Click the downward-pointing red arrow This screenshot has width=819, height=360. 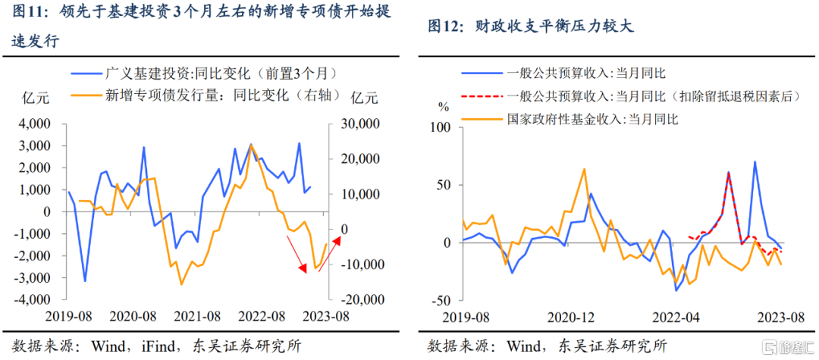[x=297, y=254]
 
